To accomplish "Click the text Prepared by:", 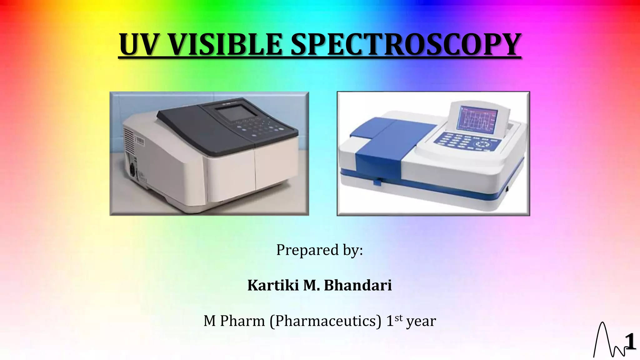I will pos(319,250).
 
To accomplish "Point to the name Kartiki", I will pos(273,285).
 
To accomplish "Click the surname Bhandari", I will pos(357,285).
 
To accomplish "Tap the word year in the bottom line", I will pos(421,322).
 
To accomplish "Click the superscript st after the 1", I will pos(398,318).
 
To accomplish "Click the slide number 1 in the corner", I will pos(630,342).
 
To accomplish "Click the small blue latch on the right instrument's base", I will pos(377,182).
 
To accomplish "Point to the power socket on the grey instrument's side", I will pos(132,170).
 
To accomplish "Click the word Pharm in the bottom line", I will pos(242,321).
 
